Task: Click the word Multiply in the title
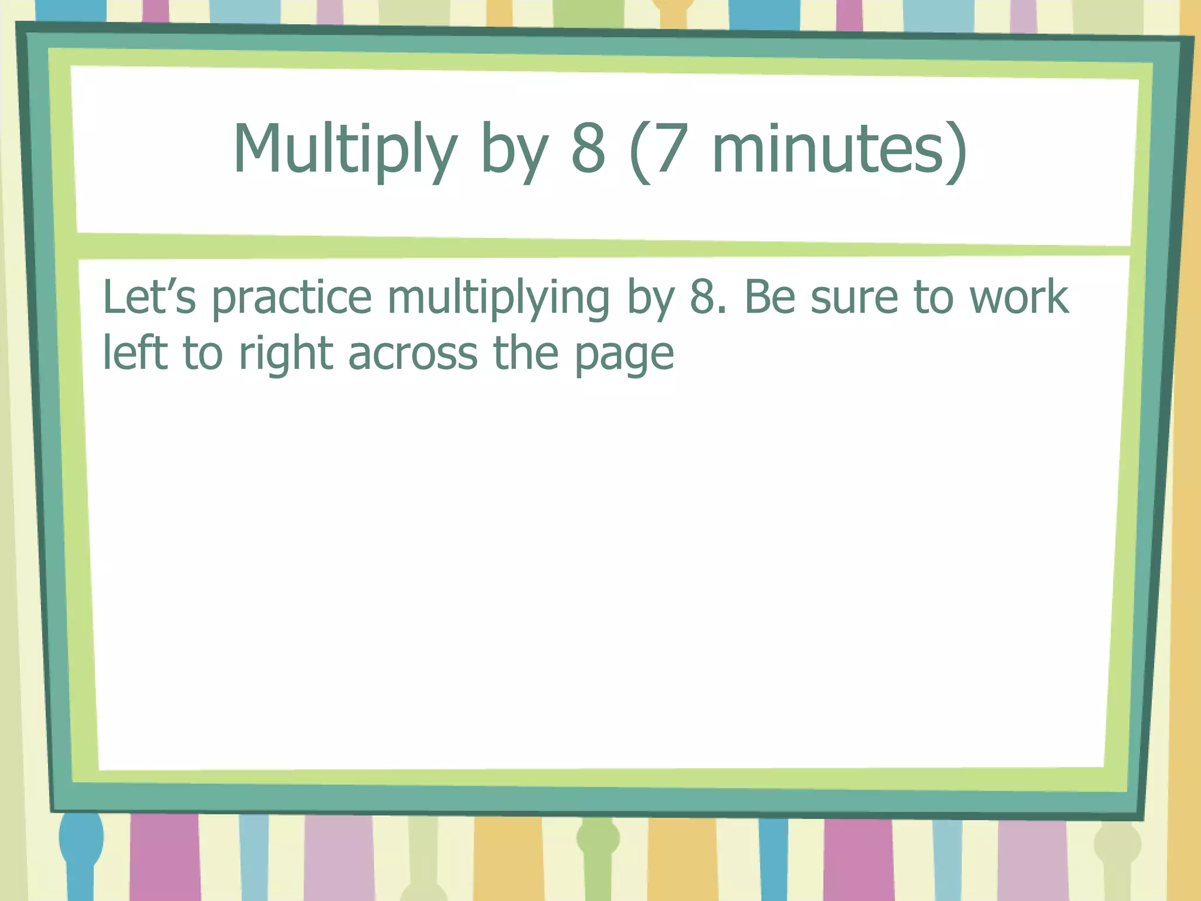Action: [345, 150]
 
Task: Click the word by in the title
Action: [514, 150]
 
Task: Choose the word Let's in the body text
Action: [149, 297]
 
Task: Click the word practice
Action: [291, 298]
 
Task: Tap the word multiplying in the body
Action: [498, 298]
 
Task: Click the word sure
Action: [854, 298]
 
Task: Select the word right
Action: [286, 354]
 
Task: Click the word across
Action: [413, 354]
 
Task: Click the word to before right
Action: [203, 354]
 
